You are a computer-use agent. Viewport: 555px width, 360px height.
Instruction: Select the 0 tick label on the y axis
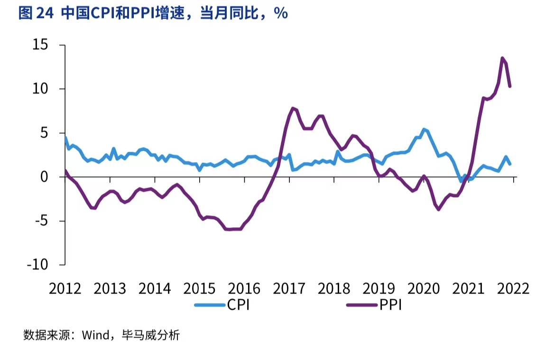44,177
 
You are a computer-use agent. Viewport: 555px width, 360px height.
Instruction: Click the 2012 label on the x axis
65,288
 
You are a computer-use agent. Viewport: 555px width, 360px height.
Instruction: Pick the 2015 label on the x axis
200,288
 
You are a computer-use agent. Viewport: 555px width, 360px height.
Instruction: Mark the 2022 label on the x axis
513,288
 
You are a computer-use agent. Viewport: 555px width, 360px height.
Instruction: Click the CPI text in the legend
238,305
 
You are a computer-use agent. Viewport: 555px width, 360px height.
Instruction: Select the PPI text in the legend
390,305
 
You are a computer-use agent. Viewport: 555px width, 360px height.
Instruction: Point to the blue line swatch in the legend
209,305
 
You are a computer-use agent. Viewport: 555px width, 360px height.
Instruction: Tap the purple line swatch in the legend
361,305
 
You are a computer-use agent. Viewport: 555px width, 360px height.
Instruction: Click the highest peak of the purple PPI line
502,58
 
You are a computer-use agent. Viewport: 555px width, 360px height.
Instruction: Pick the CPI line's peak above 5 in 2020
424,129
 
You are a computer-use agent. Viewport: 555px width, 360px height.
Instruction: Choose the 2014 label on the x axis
155,288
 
